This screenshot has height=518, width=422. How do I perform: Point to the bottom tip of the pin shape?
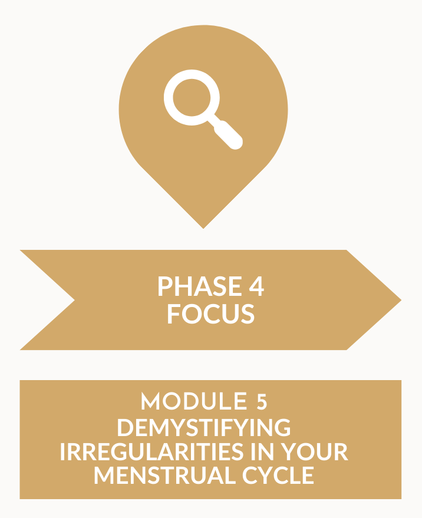coord(203,228)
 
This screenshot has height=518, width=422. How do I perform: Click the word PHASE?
coord(200,286)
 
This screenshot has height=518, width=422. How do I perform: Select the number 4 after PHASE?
coord(256,286)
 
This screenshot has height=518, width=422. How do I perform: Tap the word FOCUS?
coord(211,314)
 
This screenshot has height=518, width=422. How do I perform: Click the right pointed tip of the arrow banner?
coord(401,300)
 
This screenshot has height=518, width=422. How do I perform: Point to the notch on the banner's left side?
coord(74,300)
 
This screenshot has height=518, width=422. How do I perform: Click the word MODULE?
coord(194,401)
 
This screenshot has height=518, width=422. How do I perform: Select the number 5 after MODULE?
coord(262,401)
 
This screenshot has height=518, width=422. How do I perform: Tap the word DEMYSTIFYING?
coord(204,427)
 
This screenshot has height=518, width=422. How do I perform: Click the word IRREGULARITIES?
coord(152,451)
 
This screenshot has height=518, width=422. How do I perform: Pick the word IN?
coord(262,451)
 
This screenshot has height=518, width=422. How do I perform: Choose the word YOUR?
coord(314,451)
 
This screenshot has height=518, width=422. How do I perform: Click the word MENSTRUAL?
coord(165,476)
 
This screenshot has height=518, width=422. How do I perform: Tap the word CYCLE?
coord(278,476)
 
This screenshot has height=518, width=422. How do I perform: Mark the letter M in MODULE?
coord(151,401)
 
